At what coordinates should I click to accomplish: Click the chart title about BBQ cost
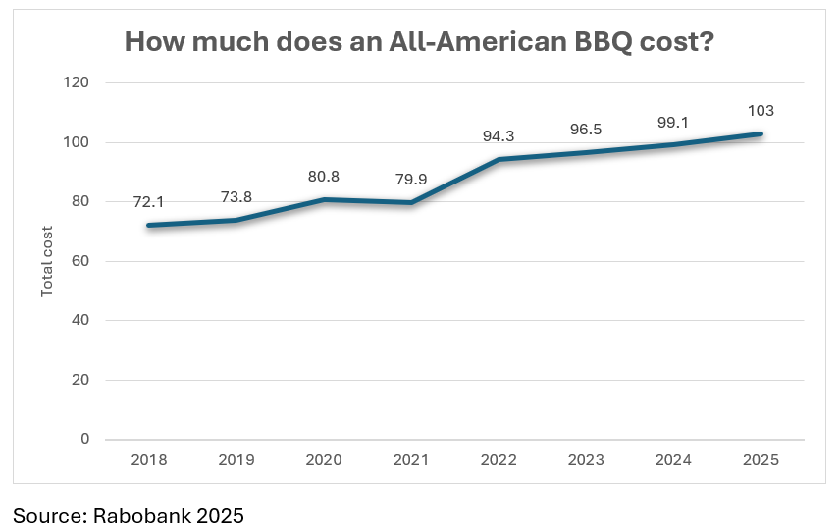pyautogui.click(x=419, y=42)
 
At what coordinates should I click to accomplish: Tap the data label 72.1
pyautogui.click(x=150, y=201)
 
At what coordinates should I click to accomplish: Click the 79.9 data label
pyautogui.click(x=412, y=179)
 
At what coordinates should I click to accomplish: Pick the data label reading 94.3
pyautogui.click(x=499, y=135)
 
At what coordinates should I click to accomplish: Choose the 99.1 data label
pyautogui.click(x=674, y=122)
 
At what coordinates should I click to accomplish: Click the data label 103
pyautogui.click(x=761, y=110)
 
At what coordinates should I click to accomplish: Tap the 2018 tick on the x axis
pyautogui.click(x=150, y=460)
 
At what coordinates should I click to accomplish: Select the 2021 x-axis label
pyautogui.click(x=412, y=460)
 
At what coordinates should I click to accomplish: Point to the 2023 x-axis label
pyautogui.click(x=587, y=460)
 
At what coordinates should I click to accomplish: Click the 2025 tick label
pyautogui.click(x=761, y=460)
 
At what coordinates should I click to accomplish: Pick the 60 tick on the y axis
pyautogui.click(x=81, y=261)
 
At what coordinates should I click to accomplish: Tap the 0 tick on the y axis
pyautogui.click(x=84, y=439)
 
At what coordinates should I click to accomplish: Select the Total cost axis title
pyautogui.click(x=46, y=261)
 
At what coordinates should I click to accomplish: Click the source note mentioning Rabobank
pyautogui.click(x=128, y=514)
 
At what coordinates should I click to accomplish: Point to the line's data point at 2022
pyautogui.click(x=499, y=159)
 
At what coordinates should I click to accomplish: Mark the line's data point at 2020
pyautogui.click(x=325, y=199)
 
